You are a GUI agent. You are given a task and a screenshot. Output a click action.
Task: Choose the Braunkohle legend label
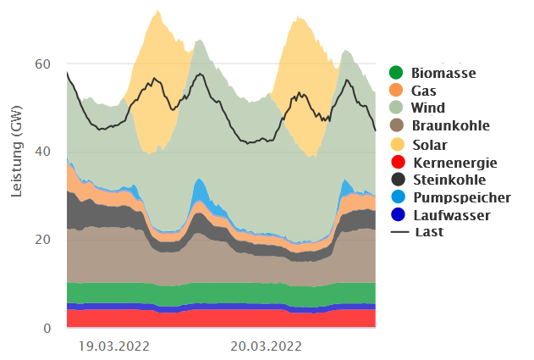tap(449, 126)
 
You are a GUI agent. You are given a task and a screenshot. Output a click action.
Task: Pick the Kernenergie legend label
tap(454, 163)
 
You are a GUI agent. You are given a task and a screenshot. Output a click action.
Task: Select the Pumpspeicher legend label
tap(460, 197)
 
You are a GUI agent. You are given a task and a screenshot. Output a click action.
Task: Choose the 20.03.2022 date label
tap(267, 346)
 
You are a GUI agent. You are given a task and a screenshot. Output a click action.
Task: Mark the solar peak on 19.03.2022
tap(157, 12)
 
